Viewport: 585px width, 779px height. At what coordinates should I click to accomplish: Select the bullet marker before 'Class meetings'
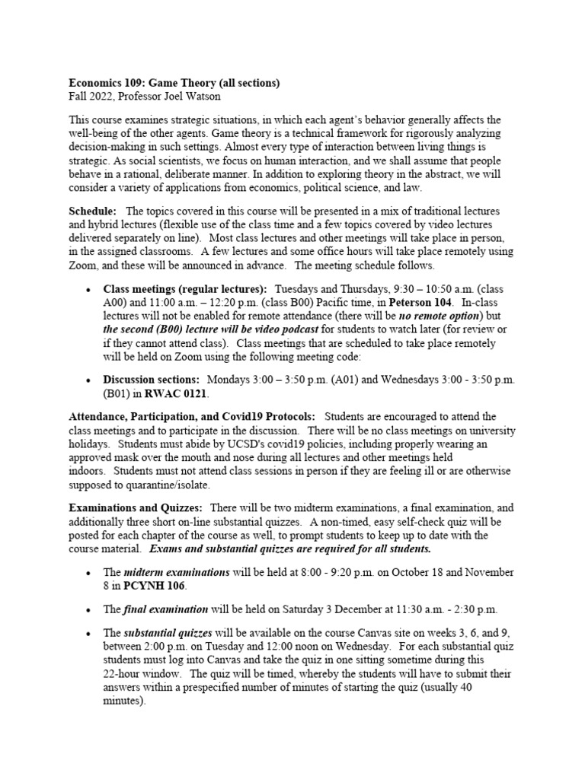[90, 291]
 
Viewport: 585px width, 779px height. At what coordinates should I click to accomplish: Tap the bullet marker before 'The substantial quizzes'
[90, 634]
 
